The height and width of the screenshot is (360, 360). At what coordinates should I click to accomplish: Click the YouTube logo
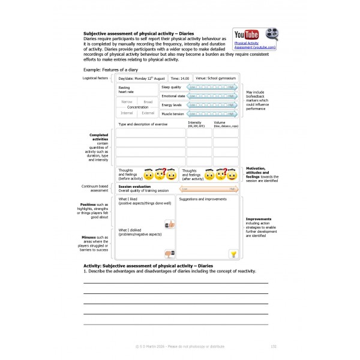pyautogui.click(x=246, y=34)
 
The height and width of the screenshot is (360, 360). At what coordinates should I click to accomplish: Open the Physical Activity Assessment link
pyautogui.click(x=255, y=45)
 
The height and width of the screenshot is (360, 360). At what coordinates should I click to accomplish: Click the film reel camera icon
pyautogui.click(x=272, y=34)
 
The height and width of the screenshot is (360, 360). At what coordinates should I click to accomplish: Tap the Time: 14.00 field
pyautogui.click(x=181, y=78)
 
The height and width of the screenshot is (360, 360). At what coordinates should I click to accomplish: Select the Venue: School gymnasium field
pyautogui.click(x=215, y=78)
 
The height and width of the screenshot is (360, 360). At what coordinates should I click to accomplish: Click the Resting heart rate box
pyautogui.click(x=137, y=90)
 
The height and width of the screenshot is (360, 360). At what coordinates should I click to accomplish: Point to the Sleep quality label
pyautogui.click(x=172, y=87)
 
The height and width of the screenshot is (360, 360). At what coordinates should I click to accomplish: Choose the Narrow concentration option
pyautogui.click(x=127, y=102)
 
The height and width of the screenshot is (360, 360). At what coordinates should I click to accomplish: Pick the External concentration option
pyautogui.click(x=148, y=113)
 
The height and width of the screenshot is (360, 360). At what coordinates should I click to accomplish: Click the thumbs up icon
pyautogui.click(x=169, y=224)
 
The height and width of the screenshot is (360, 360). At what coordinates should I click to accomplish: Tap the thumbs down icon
pyautogui.click(x=169, y=253)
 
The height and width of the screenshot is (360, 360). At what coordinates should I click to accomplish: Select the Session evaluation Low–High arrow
pyautogui.click(x=209, y=189)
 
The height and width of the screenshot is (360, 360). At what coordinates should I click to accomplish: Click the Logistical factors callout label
pyautogui.click(x=95, y=78)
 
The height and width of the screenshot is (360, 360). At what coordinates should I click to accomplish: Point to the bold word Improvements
pyautogui.click(x=259, y=219)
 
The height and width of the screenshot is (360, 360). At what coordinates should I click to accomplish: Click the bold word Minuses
pyautogui.click(x=89, y=237)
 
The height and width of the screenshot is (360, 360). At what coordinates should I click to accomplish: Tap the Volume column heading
pyautogui.click(x=220, y=123)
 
